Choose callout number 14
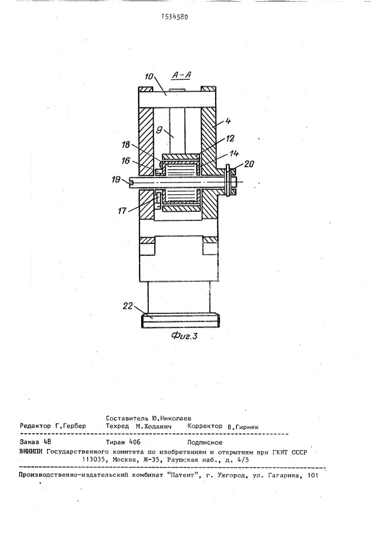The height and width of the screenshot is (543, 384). pyautogui.click(x=224, y=154)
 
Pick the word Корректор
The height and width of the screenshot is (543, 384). pyautogui.click(x=205, y=427)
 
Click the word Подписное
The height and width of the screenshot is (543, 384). pyautogui.click(x=205, y=443)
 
